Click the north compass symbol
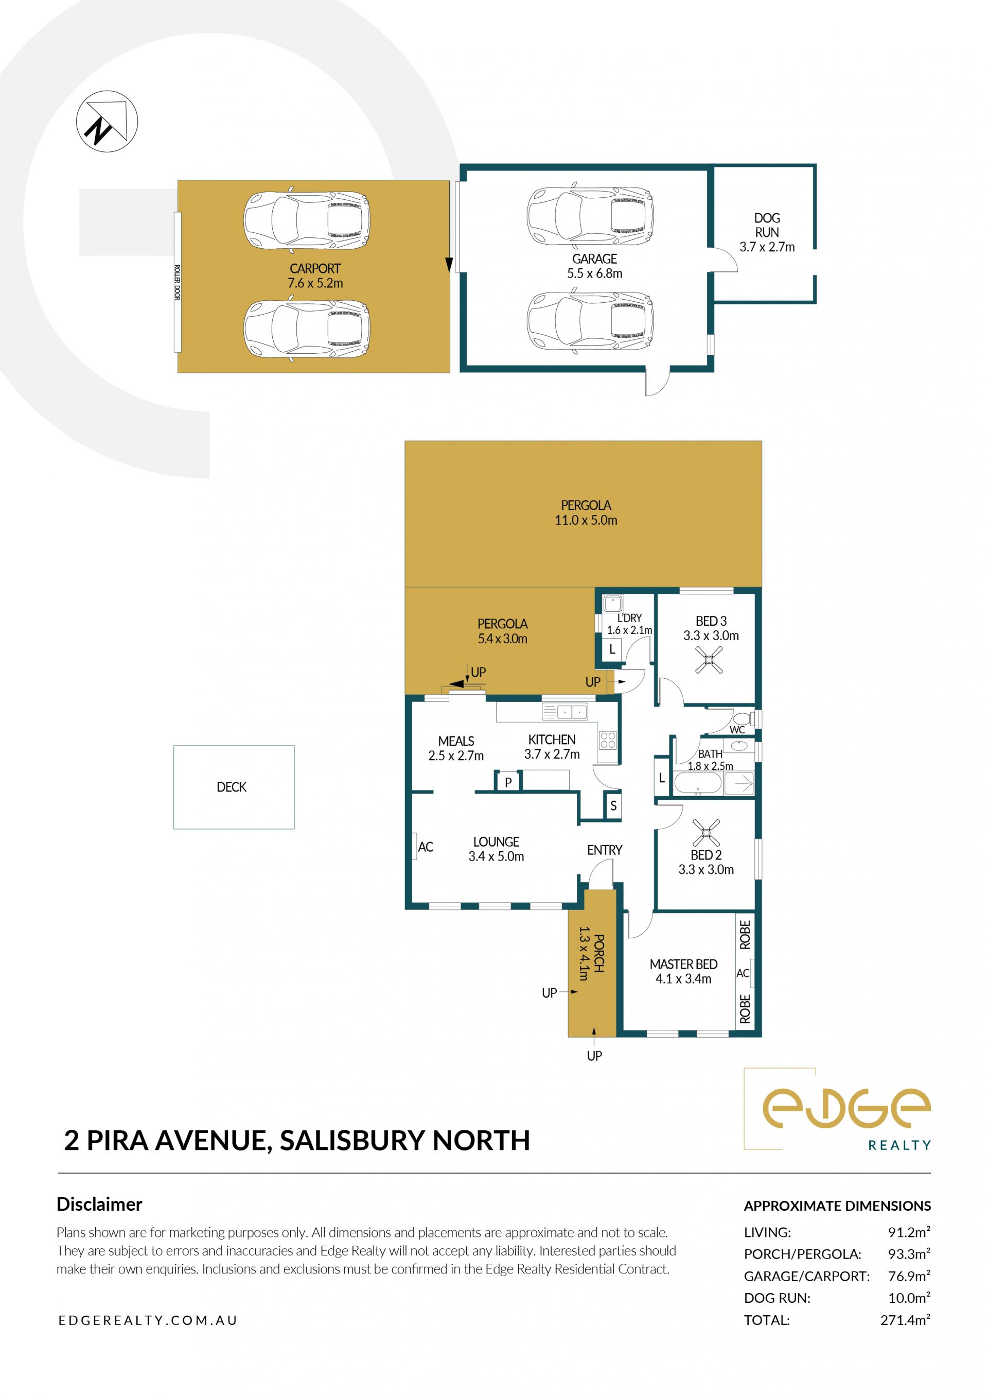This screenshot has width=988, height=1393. tap(107, 121)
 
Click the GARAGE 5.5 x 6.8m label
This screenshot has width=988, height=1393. tap(594, 266)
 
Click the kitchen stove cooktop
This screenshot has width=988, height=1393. tap(608, 739)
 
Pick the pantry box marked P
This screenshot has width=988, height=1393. tap(508, 782)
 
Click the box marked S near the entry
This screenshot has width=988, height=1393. tap(613, 806)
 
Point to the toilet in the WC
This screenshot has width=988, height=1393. tap(743, 718)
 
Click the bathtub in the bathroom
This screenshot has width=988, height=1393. tap(698, 784)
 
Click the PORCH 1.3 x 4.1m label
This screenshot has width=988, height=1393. tap(590, 953)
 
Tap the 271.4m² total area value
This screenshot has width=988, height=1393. tap(905, 1319)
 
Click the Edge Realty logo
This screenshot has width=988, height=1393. tap(838, 1110)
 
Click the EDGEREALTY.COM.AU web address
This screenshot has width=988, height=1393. tap(148, 1320)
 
